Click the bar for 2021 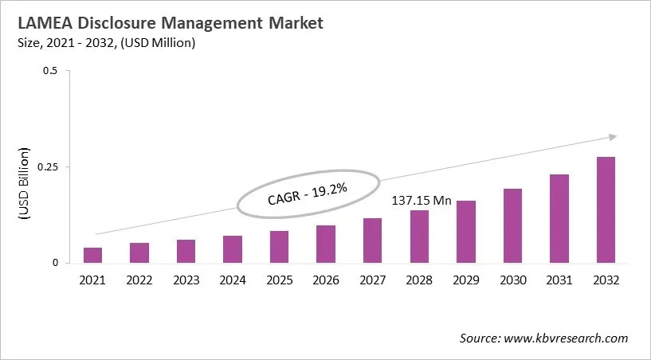point(93,255)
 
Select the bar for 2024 point(233,249)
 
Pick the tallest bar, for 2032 point(605,209)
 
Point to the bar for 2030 point(512,225)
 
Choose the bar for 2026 point(325,244)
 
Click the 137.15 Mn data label point(422,201)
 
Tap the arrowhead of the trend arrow point(612,137)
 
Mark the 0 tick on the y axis point(55,263)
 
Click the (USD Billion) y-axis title point(23,183)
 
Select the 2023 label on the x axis point(186,280)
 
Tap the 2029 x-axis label point(465,280)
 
